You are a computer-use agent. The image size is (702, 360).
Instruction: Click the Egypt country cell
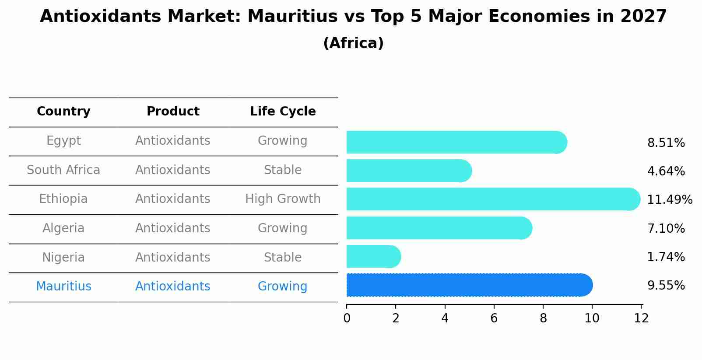pos(63,141)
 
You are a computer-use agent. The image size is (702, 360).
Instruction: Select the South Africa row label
pos(63,170)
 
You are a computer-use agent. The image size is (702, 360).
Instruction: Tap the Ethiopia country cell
pos(63,199)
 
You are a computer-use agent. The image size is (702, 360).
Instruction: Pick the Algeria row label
pos(63,228)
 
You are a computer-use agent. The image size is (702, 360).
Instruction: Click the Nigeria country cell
pos(63,258)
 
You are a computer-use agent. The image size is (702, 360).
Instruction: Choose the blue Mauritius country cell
pos(63,287)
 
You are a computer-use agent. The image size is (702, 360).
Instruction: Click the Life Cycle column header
pos(283,112)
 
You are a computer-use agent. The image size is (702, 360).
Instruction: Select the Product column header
pos(173,112)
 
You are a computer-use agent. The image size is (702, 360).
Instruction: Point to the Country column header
pos(63,112)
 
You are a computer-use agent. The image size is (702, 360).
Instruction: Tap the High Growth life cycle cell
pos(283,199)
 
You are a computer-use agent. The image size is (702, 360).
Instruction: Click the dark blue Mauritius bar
pos(468,285)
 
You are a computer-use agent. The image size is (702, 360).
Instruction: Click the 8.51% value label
pos(666,143)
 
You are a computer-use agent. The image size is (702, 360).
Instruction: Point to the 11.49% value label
pos(669,200)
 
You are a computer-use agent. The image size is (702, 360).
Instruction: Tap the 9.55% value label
pos(666,286)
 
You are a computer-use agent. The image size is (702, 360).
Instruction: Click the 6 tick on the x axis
pos(494,318)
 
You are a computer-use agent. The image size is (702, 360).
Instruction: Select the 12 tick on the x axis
pos(641,318)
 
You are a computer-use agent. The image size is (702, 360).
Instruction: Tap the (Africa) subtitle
pos(353,43)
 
